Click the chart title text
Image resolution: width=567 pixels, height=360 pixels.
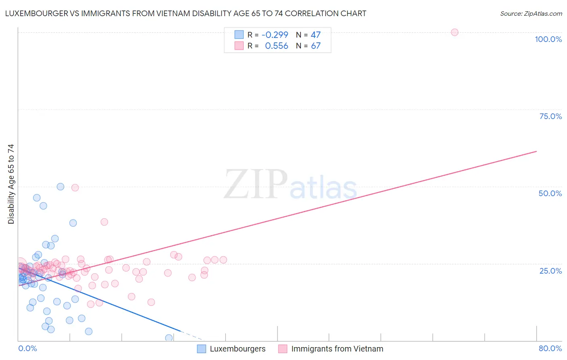coord(186,13)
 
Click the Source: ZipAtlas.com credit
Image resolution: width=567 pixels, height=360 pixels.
coord(531,13)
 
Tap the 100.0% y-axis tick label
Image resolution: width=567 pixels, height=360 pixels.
coord(548,39)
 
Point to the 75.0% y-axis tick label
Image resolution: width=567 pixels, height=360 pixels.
coord(550,116)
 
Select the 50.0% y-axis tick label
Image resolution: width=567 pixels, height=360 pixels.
coord(550,193)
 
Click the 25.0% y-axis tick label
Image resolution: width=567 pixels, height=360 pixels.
coord(550,270)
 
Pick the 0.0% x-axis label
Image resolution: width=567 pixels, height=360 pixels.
coord(27,348)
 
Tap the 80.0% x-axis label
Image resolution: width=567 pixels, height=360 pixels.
coord(550,348)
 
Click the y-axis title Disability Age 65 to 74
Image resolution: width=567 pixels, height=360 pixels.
coord(11,184)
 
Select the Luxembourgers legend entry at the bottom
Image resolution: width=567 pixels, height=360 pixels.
coord(231,349)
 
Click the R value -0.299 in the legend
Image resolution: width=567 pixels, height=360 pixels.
coord(275,35)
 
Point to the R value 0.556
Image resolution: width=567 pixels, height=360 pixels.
coord(276,46)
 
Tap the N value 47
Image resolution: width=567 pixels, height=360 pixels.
coord(315,35)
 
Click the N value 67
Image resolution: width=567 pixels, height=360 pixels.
coord(315,46)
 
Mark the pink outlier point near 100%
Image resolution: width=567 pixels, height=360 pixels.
coord(454,32)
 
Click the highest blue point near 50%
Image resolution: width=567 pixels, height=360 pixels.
coord(60,186)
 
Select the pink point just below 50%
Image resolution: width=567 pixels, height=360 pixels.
coord(75,188)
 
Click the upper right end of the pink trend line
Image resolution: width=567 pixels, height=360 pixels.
coord(536,151)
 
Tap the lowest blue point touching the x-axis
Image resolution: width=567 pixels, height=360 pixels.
coord(169,338)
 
